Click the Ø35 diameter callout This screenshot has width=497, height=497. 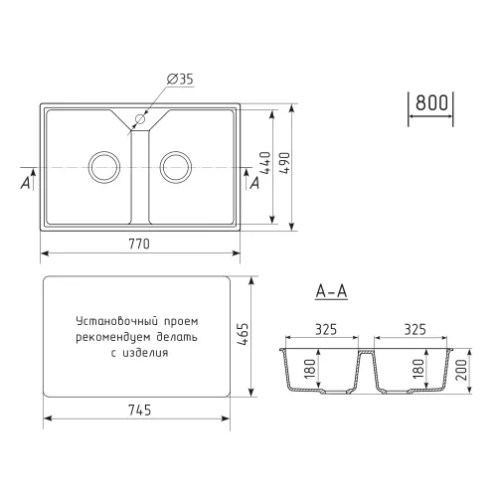pyautogui.click(x=180, y=79)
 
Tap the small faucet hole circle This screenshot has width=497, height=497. pyautogui.click(x=140, y=118)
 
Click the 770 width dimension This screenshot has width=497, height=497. pyautogui.click(x=139, y=245)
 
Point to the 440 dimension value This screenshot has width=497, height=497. pyautogui.click(x=265, y=163)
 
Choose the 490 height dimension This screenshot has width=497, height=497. pyautogui.click(x=284, y=163)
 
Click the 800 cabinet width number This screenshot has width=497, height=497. pyautogui.click(x=431, y=102)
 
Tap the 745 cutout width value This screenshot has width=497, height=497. pyautogui.click(x=139, y=411)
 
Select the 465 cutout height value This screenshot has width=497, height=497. pyautogui.click(x=243, y=335)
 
